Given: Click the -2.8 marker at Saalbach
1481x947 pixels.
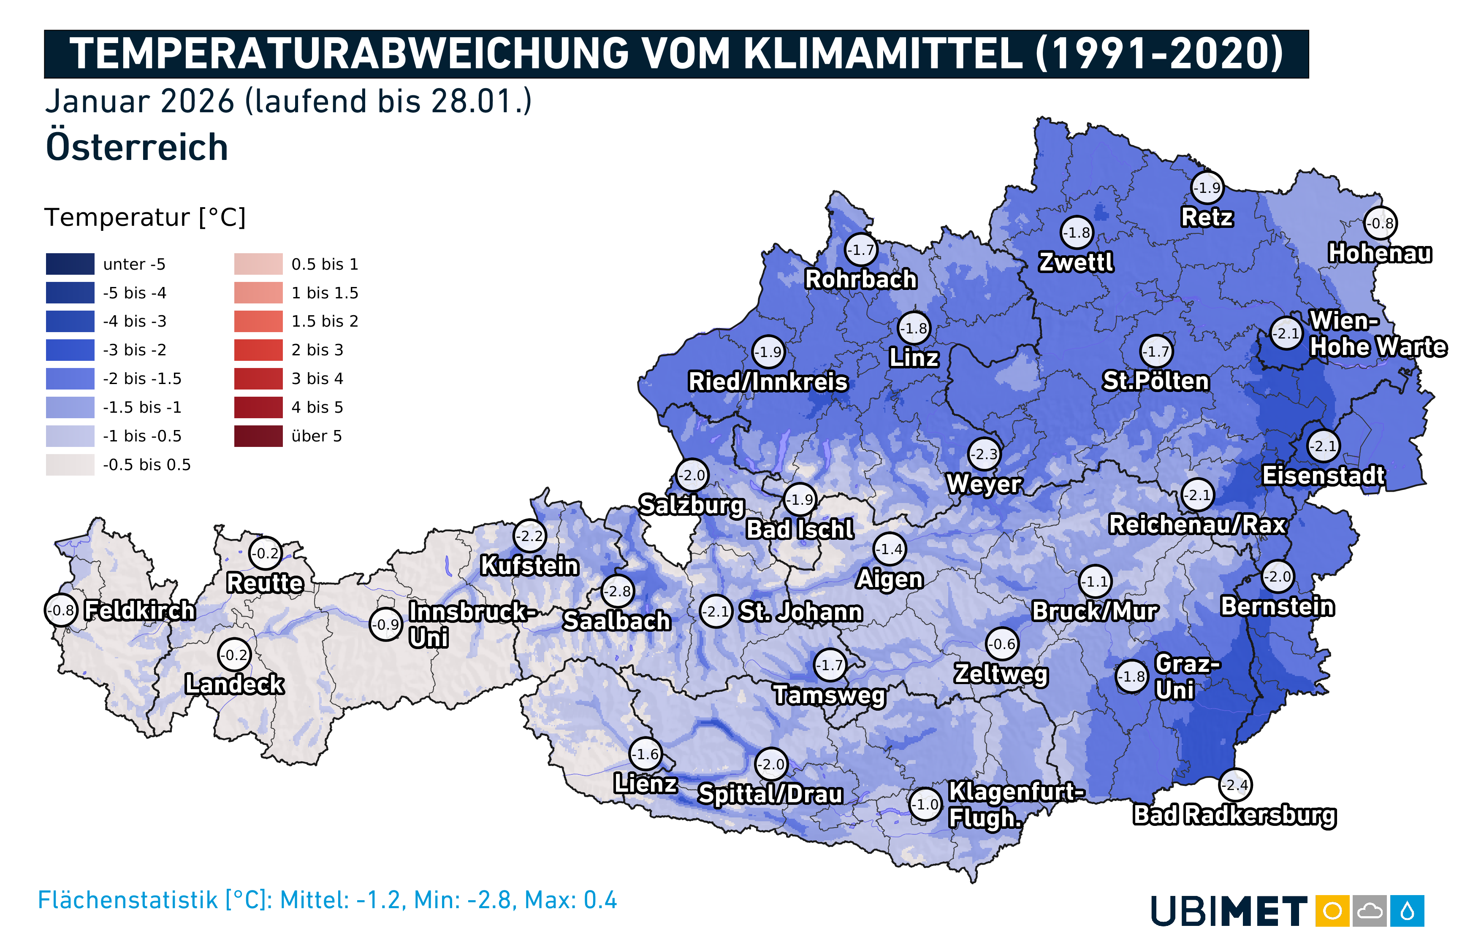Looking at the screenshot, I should (x=618, y=591).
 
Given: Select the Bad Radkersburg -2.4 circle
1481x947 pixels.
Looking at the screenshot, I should (x=1235, y=785).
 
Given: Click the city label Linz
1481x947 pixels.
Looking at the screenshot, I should (x=914, y=358).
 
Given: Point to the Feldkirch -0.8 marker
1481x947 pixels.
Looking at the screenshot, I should (x=61, y=611).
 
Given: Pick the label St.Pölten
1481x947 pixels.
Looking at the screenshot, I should (x=1156, y=381).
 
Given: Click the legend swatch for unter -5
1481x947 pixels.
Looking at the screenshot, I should (x=70, y=264).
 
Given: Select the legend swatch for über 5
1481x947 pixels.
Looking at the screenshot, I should (x=258, y=436).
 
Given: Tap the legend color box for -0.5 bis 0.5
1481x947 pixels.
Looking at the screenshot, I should (x=70, y=465).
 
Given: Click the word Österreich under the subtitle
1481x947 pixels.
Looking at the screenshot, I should (x=136, y=148).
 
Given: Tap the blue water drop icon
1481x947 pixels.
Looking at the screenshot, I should (x=1407, y=911).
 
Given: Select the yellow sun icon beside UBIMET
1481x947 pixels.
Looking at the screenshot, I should (x=1332, y=911).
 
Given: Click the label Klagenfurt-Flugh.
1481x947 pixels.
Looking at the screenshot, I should (x=1015, y=804).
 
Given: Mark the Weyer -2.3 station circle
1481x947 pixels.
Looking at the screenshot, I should (x=985, y=455).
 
